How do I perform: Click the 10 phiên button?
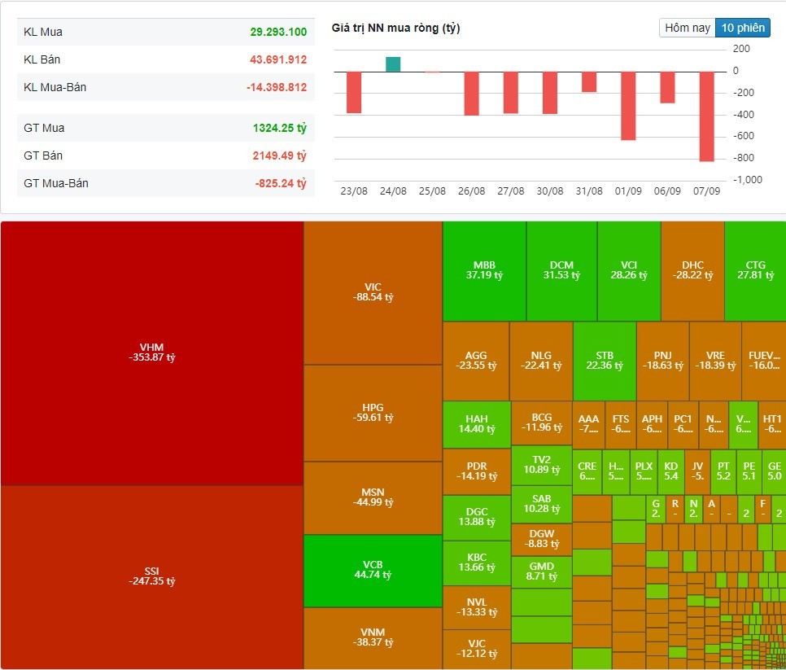point(743,28)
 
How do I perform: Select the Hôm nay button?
point(688,28)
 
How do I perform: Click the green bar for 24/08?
point(393,64)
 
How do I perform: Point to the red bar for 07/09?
point(706,116)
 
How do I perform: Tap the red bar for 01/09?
point(628,106)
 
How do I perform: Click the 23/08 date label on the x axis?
point(354,190)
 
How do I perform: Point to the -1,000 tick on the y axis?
point(748,179)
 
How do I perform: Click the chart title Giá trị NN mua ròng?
point(396,28)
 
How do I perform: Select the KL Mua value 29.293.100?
point(278,32)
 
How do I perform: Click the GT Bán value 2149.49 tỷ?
point(278,155)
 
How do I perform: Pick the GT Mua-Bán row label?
point(56,183)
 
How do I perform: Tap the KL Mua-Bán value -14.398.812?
point(277,87)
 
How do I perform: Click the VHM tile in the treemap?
point(152,353)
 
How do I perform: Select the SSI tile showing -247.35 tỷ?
point(152,576)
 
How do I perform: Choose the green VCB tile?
point(373,570)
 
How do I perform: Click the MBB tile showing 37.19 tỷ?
point(484,270)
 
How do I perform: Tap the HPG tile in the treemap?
point(373,413)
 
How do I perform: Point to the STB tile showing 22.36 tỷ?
point(605,361)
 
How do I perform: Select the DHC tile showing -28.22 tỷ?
point(692,270)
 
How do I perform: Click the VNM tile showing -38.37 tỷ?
point(373,637)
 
